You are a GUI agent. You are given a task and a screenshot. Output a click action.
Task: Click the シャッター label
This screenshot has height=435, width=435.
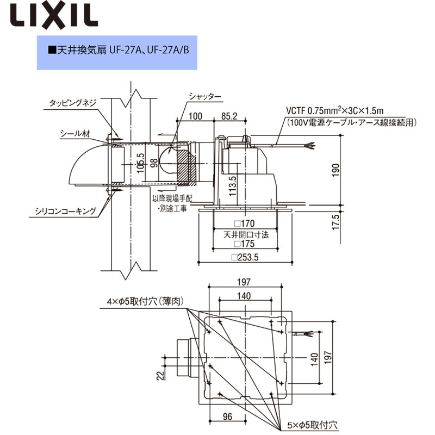click(204, 96)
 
